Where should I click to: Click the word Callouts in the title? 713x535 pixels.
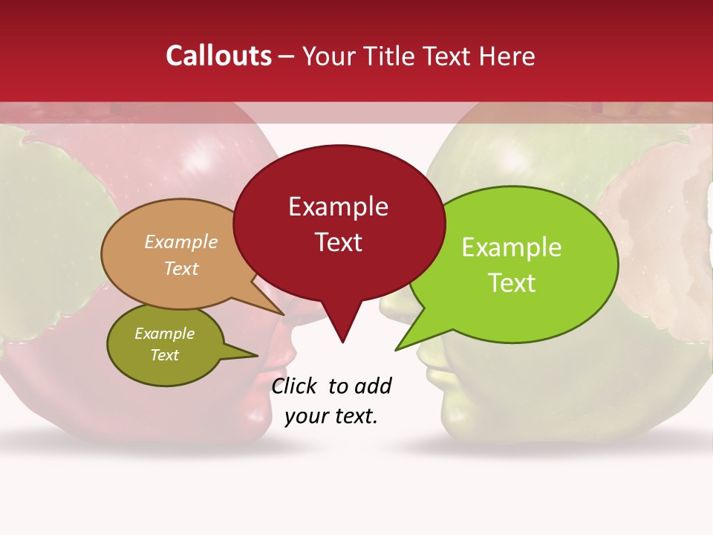[x=218, y=56]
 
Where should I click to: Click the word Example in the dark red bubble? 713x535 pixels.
[x=338, y=207]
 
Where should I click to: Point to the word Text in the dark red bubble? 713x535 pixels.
[x=339, y=242]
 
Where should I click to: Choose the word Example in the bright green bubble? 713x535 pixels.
[x=512, y=247]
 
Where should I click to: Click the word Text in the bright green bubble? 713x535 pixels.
[x=512, y=283]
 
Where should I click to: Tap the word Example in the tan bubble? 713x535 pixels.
[x=181, y=242]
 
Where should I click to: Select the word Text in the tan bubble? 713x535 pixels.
[x=181, y=268]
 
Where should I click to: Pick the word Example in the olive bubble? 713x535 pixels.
[x=164, y=334]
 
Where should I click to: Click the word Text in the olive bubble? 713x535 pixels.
[x=164, y=355]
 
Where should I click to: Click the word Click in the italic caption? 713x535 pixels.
[x=295, y=386]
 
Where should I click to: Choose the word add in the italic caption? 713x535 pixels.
[x=372, y=386]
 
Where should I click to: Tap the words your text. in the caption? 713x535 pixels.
[x=331, y=416]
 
